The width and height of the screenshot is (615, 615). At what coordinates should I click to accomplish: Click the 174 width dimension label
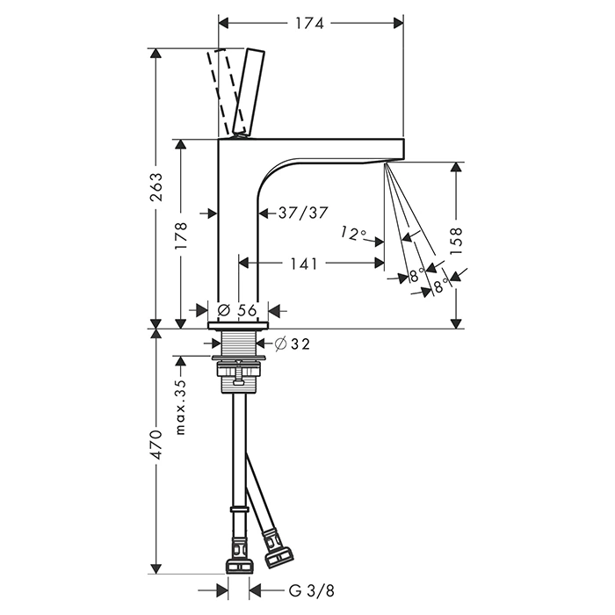[310, 24]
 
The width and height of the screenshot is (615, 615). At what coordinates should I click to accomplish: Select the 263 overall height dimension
[156, 186]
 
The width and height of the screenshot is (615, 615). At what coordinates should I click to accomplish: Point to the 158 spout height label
[456, 242]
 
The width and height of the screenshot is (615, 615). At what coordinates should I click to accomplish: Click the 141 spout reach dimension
[303, 264]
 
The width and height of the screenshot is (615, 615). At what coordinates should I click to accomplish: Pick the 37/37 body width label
[303, 213]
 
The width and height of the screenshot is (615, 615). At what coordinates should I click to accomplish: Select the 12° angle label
[353, 234]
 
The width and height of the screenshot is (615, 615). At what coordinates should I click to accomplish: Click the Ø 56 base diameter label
[237, 310]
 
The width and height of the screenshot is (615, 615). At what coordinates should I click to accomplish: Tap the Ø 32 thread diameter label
[293, 344]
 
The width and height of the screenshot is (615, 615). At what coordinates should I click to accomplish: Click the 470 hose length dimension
[156, 445]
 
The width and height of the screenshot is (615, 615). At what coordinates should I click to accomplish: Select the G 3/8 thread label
[312, 590]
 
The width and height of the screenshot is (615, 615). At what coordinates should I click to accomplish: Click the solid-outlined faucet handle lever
[249, 92]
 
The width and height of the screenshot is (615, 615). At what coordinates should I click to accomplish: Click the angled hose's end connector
[278, 548]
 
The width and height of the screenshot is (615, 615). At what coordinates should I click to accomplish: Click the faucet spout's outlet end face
[403, 149]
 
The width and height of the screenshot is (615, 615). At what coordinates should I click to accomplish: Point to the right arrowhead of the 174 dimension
[398, 24]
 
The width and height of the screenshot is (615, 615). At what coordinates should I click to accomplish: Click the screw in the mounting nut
[238, 373]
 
